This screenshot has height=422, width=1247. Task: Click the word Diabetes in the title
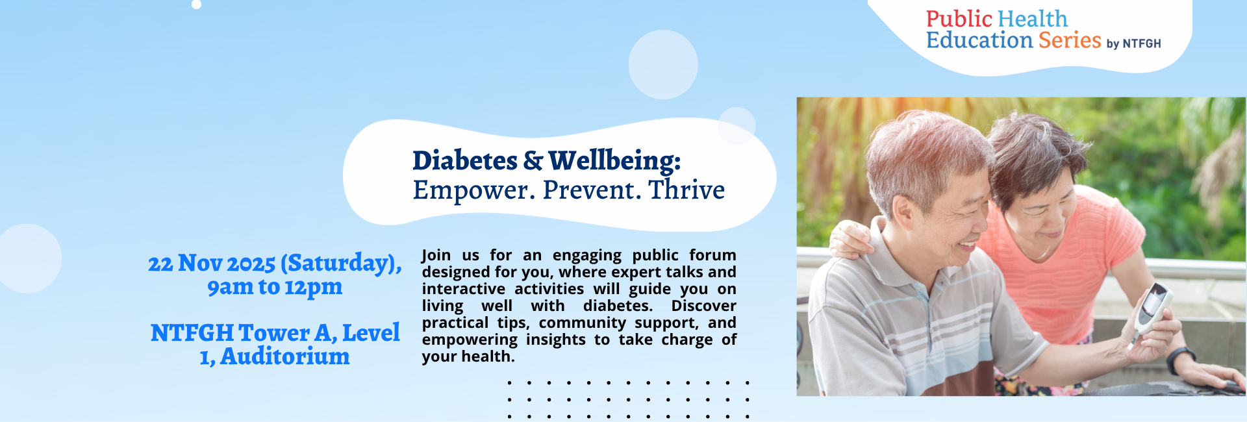click(464, 160)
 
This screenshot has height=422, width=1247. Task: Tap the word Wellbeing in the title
click(614, 160)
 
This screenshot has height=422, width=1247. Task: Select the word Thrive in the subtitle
click(686, 190)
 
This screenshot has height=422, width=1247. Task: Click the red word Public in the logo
click(959, 19)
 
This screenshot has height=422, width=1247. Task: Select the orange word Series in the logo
click(1070, 40)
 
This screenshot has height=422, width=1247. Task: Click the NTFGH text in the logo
click(1142, 43)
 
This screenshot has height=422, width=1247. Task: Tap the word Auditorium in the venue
click(284, 356)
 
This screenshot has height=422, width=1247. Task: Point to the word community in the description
click(583, 323)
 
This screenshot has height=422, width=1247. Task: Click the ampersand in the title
click(533, 160)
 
